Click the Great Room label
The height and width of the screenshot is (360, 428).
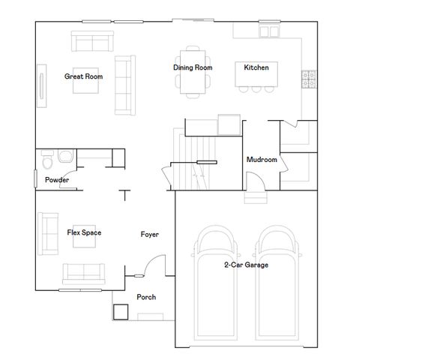point(83,76)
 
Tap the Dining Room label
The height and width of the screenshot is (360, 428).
point(193,67)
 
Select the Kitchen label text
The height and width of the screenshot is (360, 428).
point(256,67)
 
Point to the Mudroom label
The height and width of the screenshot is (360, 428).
point(262,160)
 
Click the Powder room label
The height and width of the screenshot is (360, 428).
point(57,181)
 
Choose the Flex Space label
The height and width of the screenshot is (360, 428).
point(84,232)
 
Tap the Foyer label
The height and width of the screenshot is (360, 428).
point(150,235)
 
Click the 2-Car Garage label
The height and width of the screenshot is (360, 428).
point(246,265)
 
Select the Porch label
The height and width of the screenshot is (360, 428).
point(146,297)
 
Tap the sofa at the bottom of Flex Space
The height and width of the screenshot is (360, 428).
point(84,272)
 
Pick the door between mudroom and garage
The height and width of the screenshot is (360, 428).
point(255,182)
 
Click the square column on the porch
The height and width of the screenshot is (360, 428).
point(121,311)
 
